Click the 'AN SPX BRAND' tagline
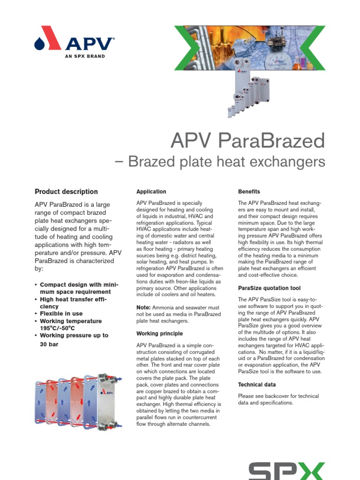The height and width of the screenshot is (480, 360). [84, 56]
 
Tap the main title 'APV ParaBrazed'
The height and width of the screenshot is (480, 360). [247, 140]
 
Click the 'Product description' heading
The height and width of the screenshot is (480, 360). [66, 192]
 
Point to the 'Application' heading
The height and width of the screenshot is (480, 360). [151, 192]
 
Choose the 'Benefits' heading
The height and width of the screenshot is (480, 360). [249, 192]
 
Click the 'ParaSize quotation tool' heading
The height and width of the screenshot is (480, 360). [269, 288]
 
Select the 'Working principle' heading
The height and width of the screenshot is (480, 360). [159, 333]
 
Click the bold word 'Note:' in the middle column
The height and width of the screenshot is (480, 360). [143, 307]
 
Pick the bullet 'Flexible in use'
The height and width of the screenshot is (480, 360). [61, 314]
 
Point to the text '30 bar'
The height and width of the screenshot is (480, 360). [51, 344]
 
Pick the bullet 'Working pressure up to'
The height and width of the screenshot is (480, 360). [74, 335]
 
